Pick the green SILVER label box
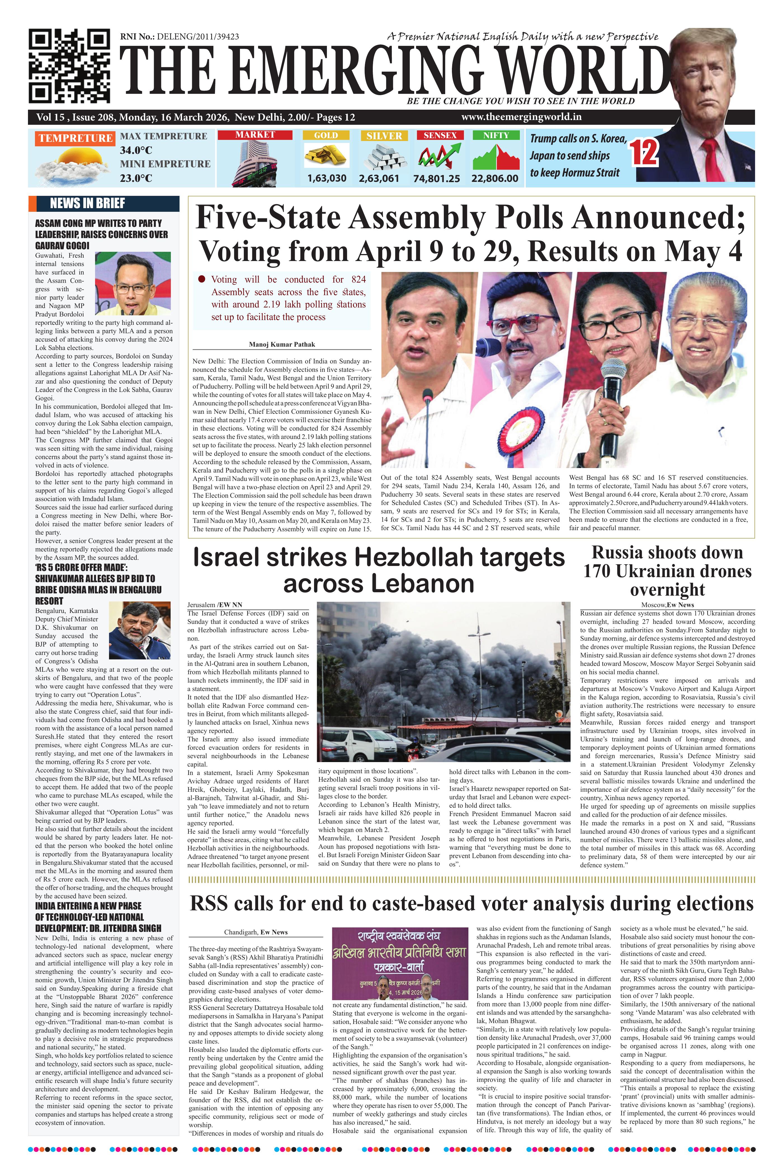[384, 135]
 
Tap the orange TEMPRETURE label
[75, 138]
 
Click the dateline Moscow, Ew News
[667, 605]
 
